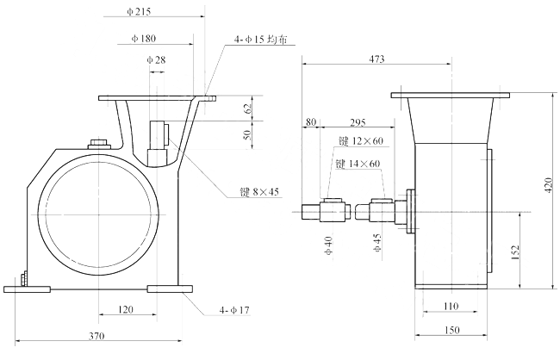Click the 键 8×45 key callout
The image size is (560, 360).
(x=259, y=192)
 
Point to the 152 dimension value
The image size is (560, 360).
(x=515, y=251)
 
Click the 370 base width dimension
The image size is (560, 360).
(x=102, y=337)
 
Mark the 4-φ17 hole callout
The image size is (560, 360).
(x=233, y=309)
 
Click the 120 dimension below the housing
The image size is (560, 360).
(x=126, y=307)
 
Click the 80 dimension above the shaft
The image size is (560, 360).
(x=310, y=123)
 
